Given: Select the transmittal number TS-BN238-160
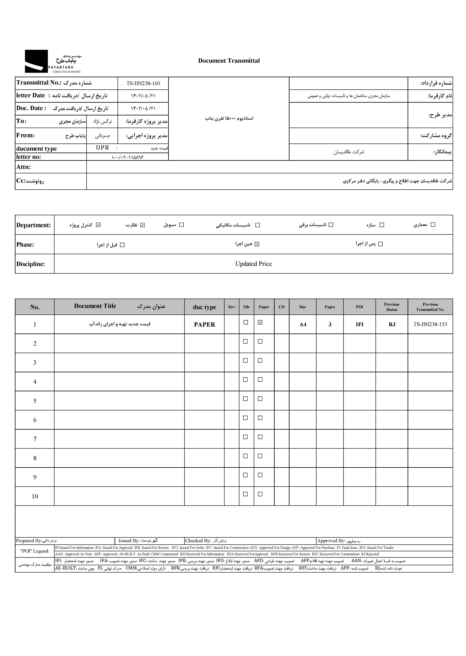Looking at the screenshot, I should point(143,83).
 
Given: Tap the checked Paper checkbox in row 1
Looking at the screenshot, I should point(260,322).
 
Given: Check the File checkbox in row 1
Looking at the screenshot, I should point(246,322).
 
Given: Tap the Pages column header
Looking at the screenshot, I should point(330,307).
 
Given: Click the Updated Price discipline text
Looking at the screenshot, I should point(253,264).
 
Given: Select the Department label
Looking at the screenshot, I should point(34,225).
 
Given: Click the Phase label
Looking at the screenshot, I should point(25,245).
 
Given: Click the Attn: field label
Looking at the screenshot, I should point(23,167).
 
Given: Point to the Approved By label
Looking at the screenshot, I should point(331,541).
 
